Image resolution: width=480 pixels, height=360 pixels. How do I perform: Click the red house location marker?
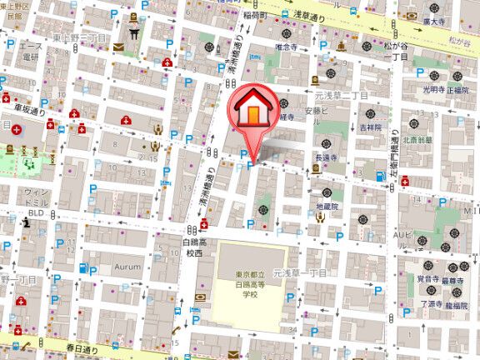(x=253, y=109)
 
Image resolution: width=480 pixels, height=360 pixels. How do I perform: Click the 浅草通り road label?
(x=338, y=15)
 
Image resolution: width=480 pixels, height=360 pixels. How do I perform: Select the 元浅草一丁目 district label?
(x=305, y=273)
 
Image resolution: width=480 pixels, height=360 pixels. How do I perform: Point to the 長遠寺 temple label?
(x=326, y=157)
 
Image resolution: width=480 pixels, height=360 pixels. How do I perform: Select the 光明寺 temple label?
(x=434, y=88)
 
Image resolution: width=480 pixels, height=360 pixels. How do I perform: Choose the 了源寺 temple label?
(x=430, y=304)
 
